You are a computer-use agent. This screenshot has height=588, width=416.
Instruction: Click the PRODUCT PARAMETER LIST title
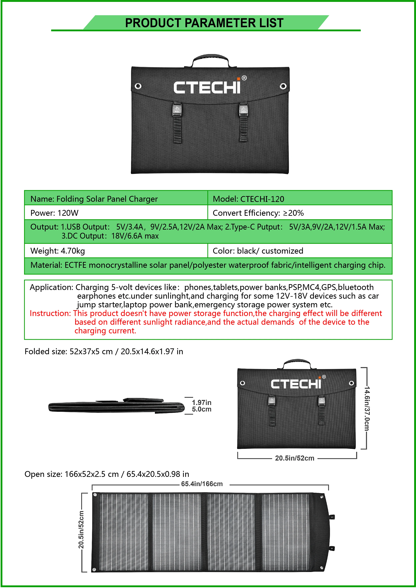204,23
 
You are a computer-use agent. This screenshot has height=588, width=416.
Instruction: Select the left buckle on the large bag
177,110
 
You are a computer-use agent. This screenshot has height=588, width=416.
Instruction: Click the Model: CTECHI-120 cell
248,199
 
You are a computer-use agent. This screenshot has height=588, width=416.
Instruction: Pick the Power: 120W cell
54,213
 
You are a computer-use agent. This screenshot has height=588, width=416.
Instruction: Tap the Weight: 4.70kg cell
58,251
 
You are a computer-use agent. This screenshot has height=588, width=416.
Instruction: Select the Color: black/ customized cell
258,251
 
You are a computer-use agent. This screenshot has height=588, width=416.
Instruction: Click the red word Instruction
50,313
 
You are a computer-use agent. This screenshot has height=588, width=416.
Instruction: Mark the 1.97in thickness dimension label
202,402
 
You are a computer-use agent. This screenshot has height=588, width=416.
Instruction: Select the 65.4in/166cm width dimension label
202,484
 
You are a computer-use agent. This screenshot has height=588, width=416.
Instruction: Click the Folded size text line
104,351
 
